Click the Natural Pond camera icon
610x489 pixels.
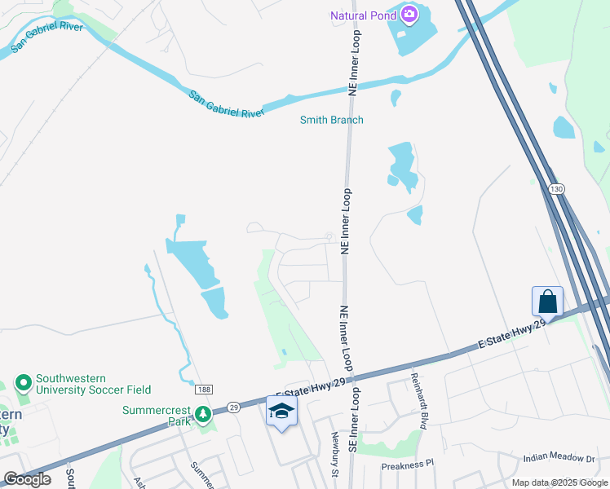[x=409, y=15]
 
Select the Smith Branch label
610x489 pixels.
[x=331, y=120]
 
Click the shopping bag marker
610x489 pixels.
[x=547, y=302]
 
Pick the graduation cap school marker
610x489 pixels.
[x=281, y=412]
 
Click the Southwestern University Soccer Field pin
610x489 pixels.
[x=23, y=382]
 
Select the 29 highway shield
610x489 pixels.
[x=232, y=406]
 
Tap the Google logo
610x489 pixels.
[x=27, y=479]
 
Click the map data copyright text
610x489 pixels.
[x=559, y=482]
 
